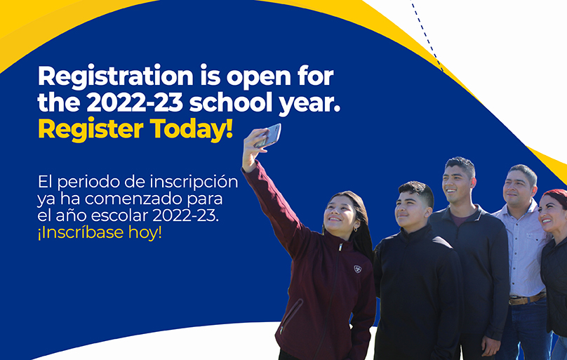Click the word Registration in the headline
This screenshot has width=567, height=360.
[x=116, y=77]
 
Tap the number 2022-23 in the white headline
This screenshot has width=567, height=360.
[x=135, y=102]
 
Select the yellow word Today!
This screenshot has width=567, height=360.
[x=192, y=130]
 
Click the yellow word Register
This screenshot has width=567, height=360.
[x=91, y=130]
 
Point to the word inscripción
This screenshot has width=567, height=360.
[x=194, y=182]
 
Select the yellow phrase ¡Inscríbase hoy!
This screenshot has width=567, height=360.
[x=100, y=232]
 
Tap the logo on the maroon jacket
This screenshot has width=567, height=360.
[x=358, y=269]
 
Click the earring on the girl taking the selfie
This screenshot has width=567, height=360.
[x=356, y=229]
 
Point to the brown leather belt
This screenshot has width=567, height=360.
[x=527, y=298]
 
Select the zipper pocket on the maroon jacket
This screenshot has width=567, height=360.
[x=291, y=315]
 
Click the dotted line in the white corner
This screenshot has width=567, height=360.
[x=427, y=35]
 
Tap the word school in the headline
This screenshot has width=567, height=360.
[x=231, y=103]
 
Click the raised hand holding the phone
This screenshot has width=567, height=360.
[x=253, y=149]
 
